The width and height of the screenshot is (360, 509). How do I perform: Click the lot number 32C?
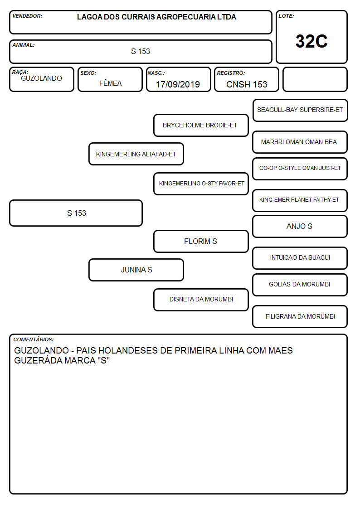[311, 41]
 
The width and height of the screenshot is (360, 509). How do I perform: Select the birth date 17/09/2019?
[178, 84]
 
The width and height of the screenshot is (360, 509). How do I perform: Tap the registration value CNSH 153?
[247, 84]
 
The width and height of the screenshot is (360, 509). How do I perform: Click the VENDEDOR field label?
[27, 16]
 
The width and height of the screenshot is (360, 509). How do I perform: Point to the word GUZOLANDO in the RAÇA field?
[42, 78]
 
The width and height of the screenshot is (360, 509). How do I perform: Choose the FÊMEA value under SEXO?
[110, 83]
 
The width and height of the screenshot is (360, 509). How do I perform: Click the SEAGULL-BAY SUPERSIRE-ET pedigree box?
[300, 111]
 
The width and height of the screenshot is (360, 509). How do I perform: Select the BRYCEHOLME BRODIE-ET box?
[201, 125]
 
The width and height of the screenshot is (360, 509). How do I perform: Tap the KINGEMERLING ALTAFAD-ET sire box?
[136, 154]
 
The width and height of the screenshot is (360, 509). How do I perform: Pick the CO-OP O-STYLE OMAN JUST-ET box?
[300, 169]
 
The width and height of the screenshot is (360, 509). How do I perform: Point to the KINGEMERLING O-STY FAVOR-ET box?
[201, 184]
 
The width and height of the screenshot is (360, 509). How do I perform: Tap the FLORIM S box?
[201, 241]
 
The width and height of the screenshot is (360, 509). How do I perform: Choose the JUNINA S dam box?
[136, 270]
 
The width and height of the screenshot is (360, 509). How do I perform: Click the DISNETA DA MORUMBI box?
[201, 300]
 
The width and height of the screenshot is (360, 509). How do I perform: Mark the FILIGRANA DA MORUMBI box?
[300, 316]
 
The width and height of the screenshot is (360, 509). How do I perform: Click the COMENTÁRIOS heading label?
[34, 339]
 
